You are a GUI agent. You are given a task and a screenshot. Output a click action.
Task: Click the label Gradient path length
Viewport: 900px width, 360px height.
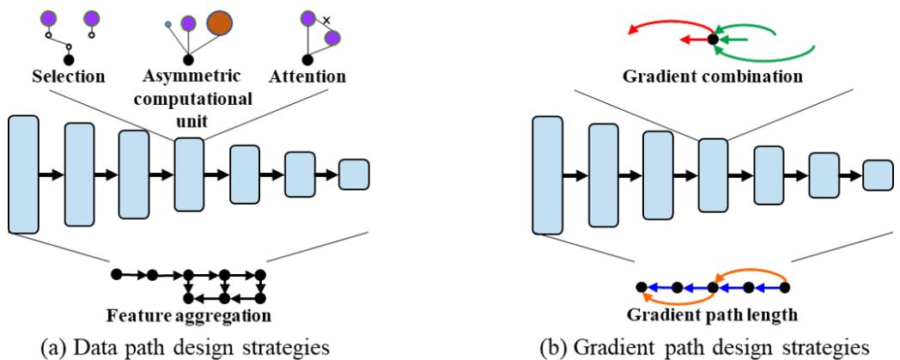(x=713, y=314)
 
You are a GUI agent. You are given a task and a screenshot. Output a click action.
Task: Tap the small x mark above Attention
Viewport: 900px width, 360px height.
(x=327, y=18)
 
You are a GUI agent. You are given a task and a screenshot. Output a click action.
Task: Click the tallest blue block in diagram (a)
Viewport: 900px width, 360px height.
(x=23, y=174)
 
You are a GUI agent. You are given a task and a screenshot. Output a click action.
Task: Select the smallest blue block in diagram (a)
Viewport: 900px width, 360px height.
(x=354, y=174)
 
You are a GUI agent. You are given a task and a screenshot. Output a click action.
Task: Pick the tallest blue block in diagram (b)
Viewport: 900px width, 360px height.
(x=547, y=174)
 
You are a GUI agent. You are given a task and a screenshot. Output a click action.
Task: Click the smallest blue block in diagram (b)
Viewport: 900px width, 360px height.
(x=878, y=174)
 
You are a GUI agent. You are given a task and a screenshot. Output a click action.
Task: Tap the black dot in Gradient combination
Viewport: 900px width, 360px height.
(x=712, y=40)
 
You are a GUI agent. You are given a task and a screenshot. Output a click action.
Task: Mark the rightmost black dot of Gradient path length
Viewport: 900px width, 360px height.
(x=785, y=287)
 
